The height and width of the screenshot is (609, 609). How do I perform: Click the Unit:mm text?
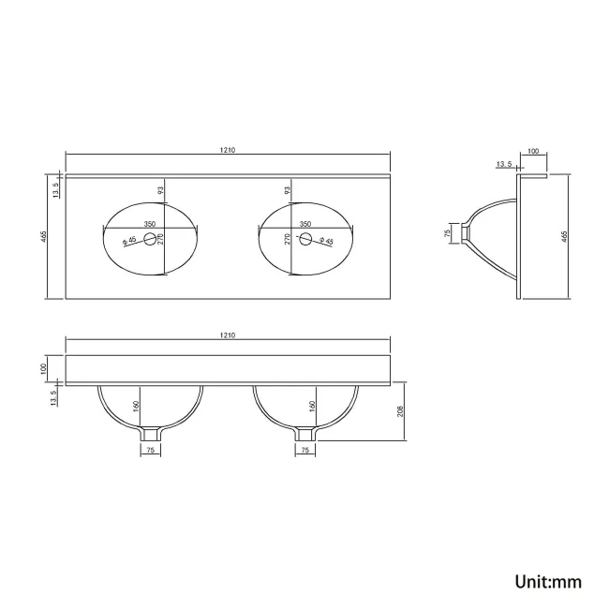[548, 582]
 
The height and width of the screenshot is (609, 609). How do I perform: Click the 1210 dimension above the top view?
[228, 150]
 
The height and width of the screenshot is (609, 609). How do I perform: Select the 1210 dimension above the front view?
[228, 334]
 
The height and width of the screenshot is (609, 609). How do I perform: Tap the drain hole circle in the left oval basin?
[150, 239]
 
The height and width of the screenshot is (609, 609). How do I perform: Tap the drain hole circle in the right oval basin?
[305, 239]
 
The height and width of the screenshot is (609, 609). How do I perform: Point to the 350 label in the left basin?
[150, 224]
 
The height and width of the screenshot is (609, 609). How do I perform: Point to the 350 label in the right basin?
[305, 224]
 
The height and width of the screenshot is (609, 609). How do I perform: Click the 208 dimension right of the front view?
[400, 411]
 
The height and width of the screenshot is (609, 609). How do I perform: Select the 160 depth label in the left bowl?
[136, 407]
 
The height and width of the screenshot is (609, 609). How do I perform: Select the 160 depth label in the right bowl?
[312, 407]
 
